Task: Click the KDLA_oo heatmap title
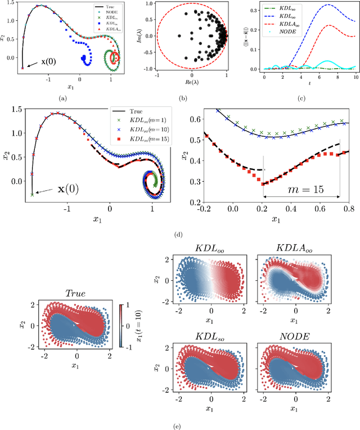click(289, 248)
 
